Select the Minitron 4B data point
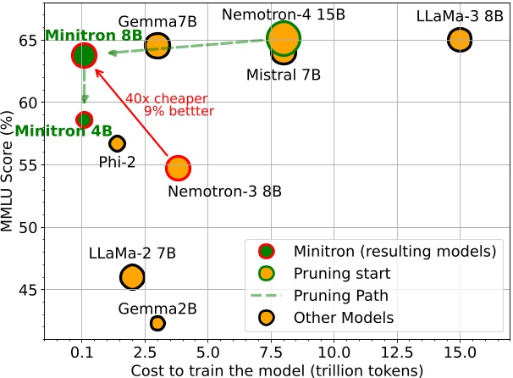84,120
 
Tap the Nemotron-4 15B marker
284,38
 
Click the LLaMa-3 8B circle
460,39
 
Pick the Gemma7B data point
157,46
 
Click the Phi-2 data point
117,143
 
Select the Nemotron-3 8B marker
178,168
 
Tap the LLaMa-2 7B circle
132,276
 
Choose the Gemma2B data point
157,323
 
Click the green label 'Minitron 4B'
52,131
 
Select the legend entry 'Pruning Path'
342,296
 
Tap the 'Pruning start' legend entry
342,273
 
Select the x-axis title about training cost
277,369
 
